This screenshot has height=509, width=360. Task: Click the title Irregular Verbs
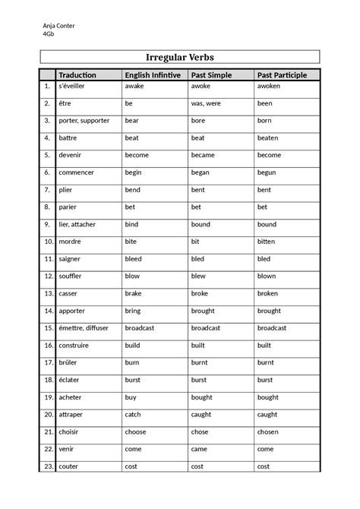click(180, 58)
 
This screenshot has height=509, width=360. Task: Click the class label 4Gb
click(49, 34)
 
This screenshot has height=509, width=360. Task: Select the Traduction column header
click(77, 74)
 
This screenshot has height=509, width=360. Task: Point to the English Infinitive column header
click(152, 74)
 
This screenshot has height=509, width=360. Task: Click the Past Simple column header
click(211, 74)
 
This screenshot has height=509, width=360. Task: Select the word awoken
click(269, 86)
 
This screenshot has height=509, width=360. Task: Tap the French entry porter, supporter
click(84, 120)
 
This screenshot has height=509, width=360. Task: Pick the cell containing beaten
click(267, 138)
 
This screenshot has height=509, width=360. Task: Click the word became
click(203, 155)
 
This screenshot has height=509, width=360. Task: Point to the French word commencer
click(77, 172)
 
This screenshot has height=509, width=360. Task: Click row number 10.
click(47, 242)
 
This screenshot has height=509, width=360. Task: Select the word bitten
click(266, 242)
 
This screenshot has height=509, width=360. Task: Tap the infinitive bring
click(133, 311)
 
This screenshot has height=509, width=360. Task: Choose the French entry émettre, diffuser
click(85, 327)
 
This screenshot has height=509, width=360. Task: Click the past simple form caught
click(201, 414)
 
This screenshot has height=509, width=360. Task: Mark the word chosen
click(267, 432)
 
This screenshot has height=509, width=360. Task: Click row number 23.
click(47, 466)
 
